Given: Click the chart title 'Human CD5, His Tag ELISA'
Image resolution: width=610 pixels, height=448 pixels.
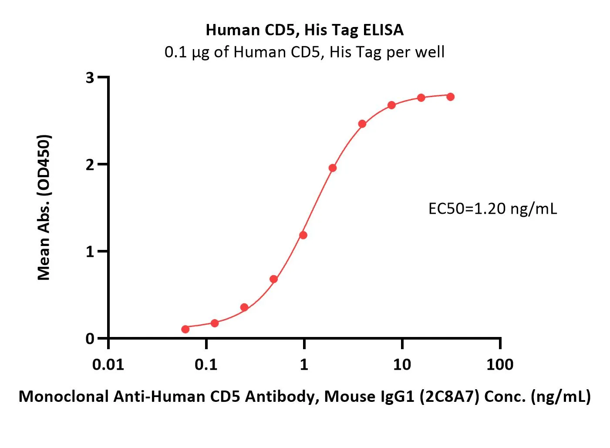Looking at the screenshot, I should (304, 30).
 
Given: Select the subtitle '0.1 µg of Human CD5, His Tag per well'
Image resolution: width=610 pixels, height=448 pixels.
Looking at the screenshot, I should (304, 52).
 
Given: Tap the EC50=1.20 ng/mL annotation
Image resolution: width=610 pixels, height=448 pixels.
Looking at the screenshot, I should (492, 209).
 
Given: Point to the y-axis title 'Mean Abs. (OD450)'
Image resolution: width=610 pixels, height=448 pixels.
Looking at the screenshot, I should (44, 207).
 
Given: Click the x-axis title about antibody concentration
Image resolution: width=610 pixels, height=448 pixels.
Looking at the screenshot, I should (304, 397).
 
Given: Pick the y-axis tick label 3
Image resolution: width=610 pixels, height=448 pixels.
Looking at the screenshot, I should (90, 78).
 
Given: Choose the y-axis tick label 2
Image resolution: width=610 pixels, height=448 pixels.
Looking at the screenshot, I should (90, 165).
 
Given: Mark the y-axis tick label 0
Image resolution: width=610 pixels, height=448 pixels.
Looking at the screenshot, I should (90, 339).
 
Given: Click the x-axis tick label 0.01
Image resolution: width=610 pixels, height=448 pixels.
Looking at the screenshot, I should (108, 364).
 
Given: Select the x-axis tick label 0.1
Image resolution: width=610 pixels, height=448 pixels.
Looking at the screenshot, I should (206, 364).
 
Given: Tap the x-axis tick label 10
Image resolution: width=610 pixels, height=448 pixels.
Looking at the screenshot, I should (401, 364).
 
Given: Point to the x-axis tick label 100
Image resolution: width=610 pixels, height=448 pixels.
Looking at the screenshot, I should (499, 364).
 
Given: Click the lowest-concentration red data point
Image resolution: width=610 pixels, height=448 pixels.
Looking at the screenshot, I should (185, 329).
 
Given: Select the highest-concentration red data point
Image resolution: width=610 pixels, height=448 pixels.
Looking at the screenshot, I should (450, 97).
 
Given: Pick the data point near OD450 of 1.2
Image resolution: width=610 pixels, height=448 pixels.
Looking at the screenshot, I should (303, 235).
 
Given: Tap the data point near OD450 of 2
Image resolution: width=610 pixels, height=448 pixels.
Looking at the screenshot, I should (333, 168).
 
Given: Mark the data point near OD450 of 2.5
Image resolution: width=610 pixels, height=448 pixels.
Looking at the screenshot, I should (362, 124).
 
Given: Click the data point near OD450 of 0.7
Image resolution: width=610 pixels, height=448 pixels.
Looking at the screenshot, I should (273, 279).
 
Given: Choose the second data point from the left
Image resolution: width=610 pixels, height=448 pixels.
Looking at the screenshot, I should (214, 323).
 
